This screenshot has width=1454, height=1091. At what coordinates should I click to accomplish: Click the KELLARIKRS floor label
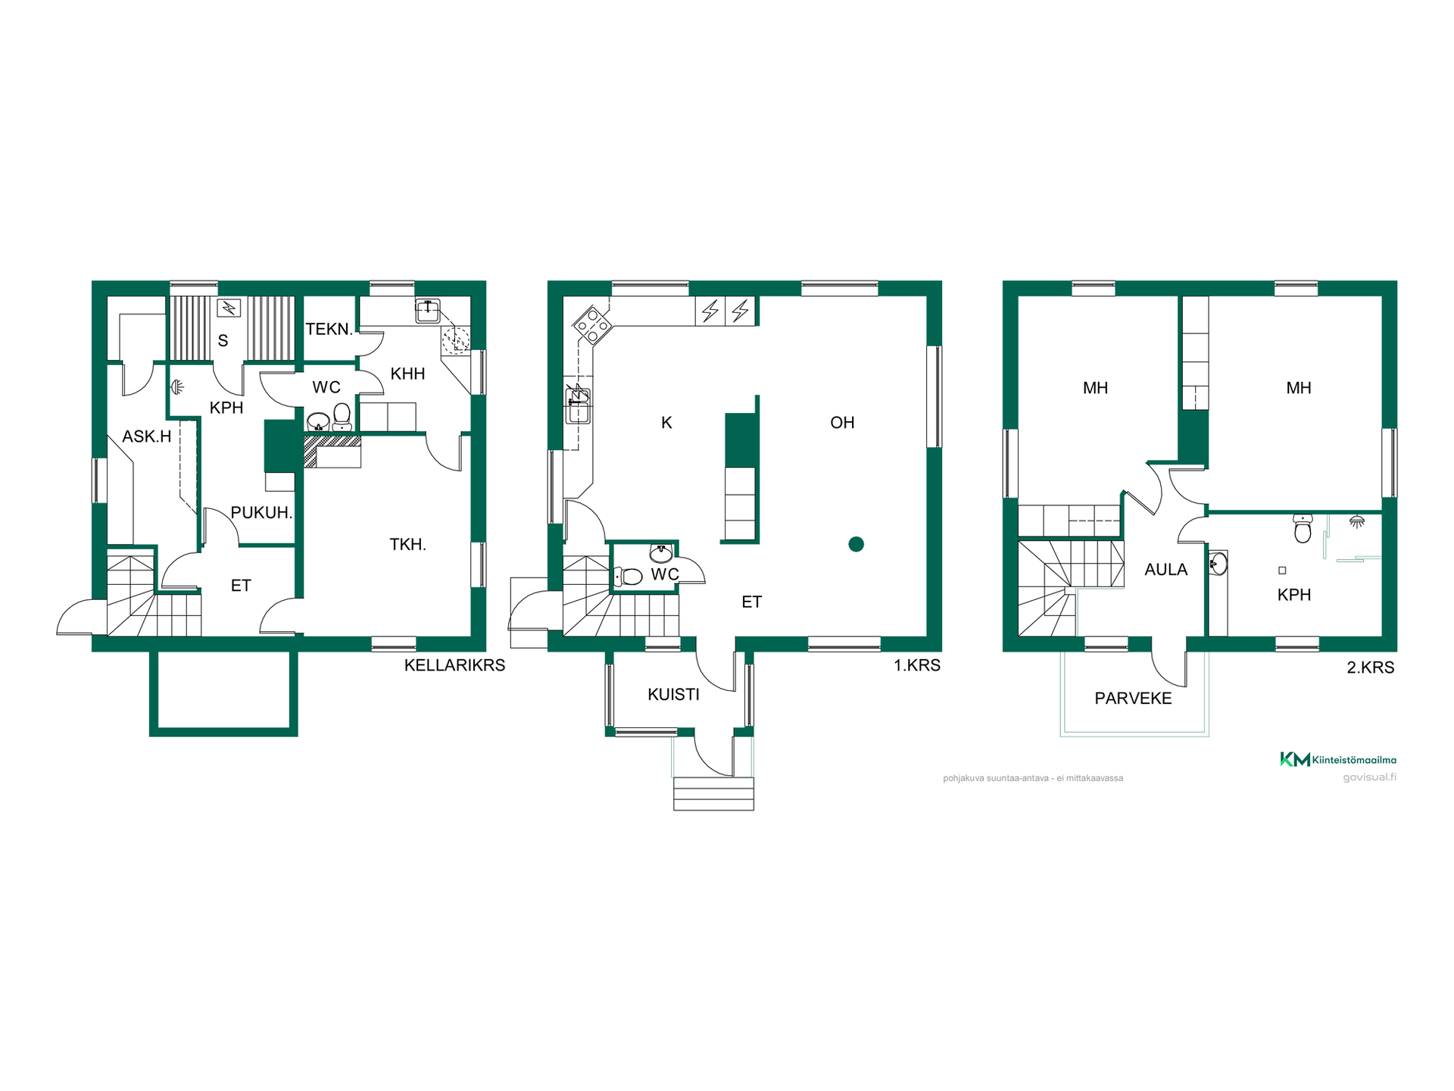click(454, 665)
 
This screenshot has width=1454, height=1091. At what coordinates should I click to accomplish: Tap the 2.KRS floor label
click(1370, 667)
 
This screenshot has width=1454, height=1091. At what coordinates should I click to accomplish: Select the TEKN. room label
click(329, 329)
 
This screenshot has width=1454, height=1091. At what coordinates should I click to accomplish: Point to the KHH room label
click(407, 374)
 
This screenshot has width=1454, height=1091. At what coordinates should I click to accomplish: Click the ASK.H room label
click(147, 436)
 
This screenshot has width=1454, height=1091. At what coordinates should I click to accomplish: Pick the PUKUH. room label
click(261, 513)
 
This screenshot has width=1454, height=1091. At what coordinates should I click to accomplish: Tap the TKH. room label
click(407, 544)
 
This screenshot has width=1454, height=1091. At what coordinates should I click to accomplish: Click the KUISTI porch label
click(673, 695)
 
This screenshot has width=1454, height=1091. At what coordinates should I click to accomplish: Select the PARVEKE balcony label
click(1133, 699)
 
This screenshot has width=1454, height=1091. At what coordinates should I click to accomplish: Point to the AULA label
click(1165, 570)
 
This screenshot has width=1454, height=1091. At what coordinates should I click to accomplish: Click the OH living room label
click(842, 423)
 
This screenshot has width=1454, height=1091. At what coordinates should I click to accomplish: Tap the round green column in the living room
click(856, 544)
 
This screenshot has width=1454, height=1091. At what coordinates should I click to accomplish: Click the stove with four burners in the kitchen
click(592, 324)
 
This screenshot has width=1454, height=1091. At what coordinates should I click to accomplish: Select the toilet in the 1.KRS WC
click(628, 577)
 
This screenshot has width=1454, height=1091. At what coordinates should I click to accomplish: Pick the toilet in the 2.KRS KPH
click(1303, 528)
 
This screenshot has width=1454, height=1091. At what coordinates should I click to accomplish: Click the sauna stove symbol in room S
click(229, 308)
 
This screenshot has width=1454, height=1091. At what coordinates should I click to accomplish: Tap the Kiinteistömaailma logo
click(1338, 759)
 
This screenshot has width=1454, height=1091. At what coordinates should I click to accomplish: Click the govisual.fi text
click(1369, 777)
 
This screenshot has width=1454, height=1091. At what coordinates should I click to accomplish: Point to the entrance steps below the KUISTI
click(713, 793)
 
